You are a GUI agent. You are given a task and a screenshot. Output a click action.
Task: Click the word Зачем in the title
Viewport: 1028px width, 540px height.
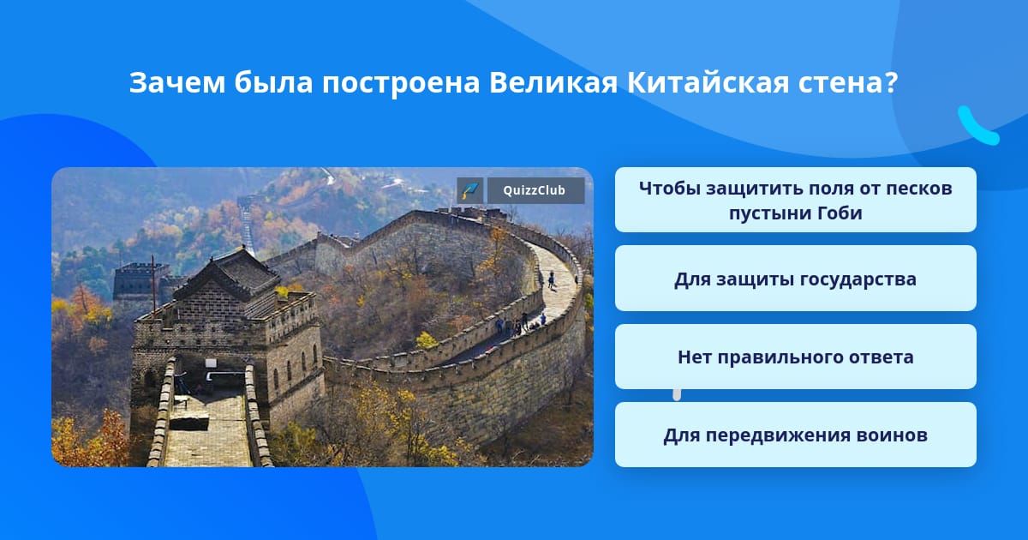tap(177, 82)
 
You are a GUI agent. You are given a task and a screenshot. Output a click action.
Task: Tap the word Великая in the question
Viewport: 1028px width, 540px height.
tap(553, 82)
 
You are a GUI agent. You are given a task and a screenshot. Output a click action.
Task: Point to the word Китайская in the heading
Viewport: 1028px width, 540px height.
tap(708, 82)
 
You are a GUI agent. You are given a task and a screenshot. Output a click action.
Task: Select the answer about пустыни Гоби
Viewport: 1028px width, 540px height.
tap(795, 200)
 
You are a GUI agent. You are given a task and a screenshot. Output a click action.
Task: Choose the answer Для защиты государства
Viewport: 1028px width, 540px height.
tap(795, 279)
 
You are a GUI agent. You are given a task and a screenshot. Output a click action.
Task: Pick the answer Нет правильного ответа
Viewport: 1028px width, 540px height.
tap(795, 357)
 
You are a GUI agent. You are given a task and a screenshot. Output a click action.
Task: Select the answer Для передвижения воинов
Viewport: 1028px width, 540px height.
tap(795, 435)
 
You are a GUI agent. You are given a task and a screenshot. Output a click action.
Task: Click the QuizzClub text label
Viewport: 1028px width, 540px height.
tap(535, 190)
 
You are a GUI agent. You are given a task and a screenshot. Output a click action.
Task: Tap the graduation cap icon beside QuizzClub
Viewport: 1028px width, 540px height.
tap(470, 190)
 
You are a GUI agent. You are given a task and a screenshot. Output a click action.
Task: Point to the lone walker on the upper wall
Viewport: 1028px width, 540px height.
tap(551, 279)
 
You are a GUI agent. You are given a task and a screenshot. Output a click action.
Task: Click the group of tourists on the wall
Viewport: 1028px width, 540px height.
tap(521, 324)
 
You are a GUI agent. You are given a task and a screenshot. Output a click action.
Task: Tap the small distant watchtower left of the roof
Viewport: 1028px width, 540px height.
tap(135, 280)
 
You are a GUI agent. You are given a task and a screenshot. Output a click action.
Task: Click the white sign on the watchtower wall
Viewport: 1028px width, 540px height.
tap(211, 363)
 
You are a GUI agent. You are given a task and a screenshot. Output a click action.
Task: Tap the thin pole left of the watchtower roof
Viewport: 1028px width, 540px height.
tap(153, 285)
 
